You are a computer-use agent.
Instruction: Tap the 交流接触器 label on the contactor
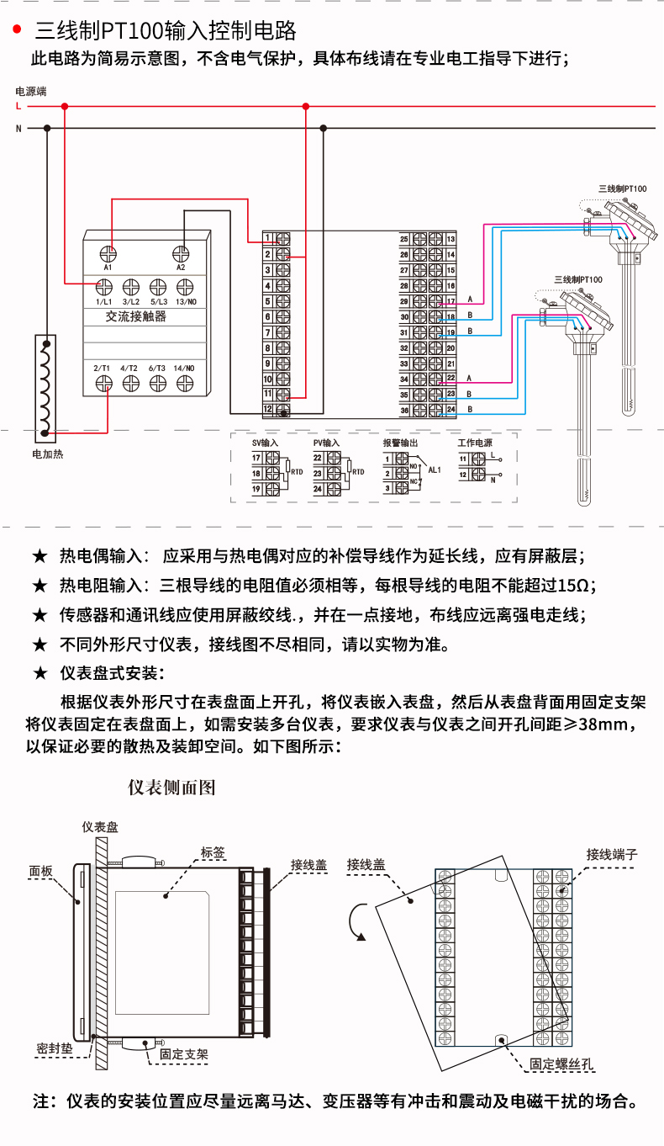tap(136, 316)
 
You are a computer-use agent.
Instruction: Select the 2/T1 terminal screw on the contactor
tap(103, 383)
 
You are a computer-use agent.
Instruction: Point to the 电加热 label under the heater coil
tap(47, 454)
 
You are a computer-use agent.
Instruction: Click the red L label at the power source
tap(18, 107)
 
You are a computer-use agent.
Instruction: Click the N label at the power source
tap(18, 129)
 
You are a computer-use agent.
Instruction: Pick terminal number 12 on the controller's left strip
tap(267, 409)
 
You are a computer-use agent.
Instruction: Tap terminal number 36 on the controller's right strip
tap(404, 410)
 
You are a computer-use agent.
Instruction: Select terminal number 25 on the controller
tap(404, 240)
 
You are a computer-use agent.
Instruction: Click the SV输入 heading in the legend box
tap(265, 443)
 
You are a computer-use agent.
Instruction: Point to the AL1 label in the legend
tap(435, 470)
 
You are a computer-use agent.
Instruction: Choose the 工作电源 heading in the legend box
tap(475, 443)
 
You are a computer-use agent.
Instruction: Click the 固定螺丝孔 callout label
tap(561, 1064)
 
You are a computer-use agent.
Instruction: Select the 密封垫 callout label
tap(55, 1048)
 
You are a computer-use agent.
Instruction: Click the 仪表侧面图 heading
tap(171, 788)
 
